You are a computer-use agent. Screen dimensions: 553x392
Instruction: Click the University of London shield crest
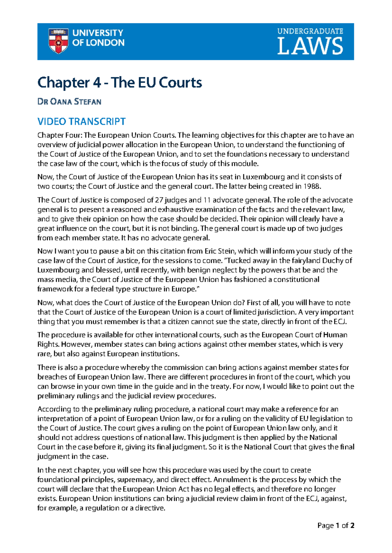(x=58, y=41)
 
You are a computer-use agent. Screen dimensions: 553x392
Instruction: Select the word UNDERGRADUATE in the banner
(x=310, y=31)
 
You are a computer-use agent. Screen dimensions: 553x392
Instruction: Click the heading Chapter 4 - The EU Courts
(x=120, y=82)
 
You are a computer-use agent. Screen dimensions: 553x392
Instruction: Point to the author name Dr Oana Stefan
(x=69, y=102)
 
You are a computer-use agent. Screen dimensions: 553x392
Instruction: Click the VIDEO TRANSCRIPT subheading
(x=81, y=122)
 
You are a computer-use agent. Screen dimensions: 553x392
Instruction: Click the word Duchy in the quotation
(x=333, y=261)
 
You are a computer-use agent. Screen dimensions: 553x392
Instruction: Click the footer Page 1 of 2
(x=336, y=526)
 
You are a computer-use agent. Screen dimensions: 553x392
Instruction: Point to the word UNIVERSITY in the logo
(x=97, y=33)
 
